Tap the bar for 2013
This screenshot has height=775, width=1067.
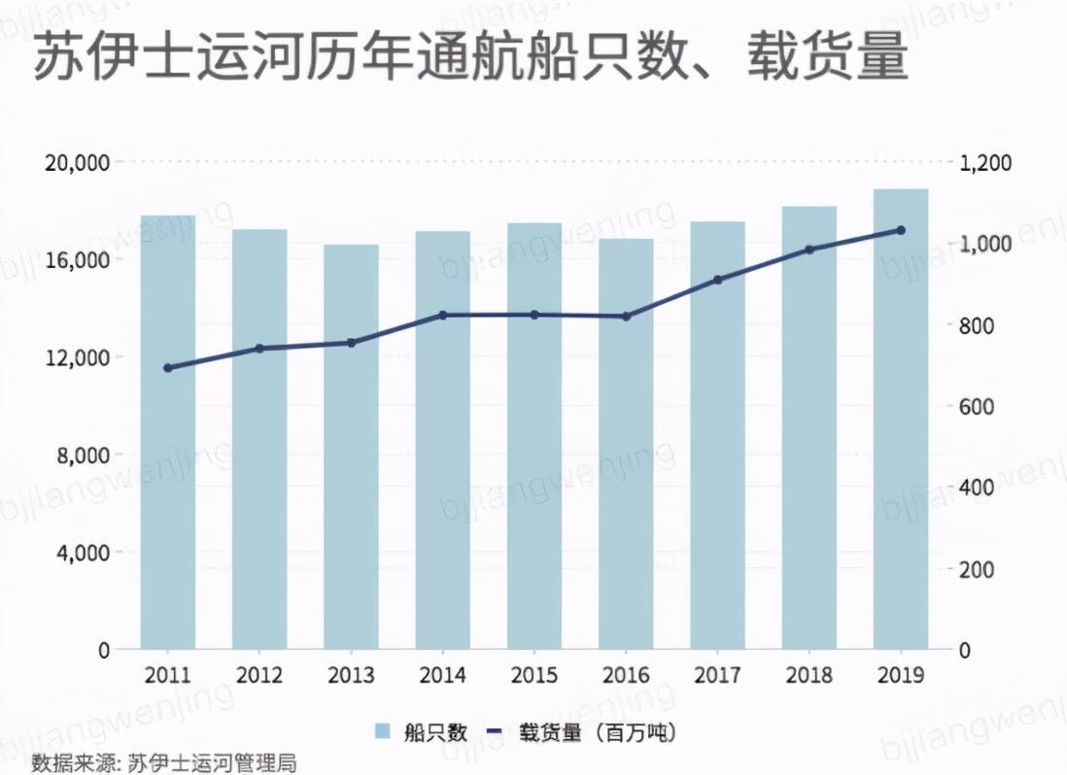tap(351, 447)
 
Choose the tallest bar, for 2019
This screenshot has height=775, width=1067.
tap(901, 419)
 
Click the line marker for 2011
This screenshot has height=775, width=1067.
tap(168, 368)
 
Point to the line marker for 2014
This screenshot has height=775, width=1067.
tap(443, 316)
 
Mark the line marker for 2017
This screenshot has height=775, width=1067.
tap(718, 280)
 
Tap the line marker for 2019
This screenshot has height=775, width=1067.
tap(901, 230)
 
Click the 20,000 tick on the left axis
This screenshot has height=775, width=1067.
tap(78, 162)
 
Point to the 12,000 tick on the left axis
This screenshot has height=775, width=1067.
tap(78, 357)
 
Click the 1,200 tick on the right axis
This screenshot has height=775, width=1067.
tap(985, 162)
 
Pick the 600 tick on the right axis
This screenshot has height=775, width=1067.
tap(977, 406)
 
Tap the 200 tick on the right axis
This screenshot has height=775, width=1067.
tap(977, 569)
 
